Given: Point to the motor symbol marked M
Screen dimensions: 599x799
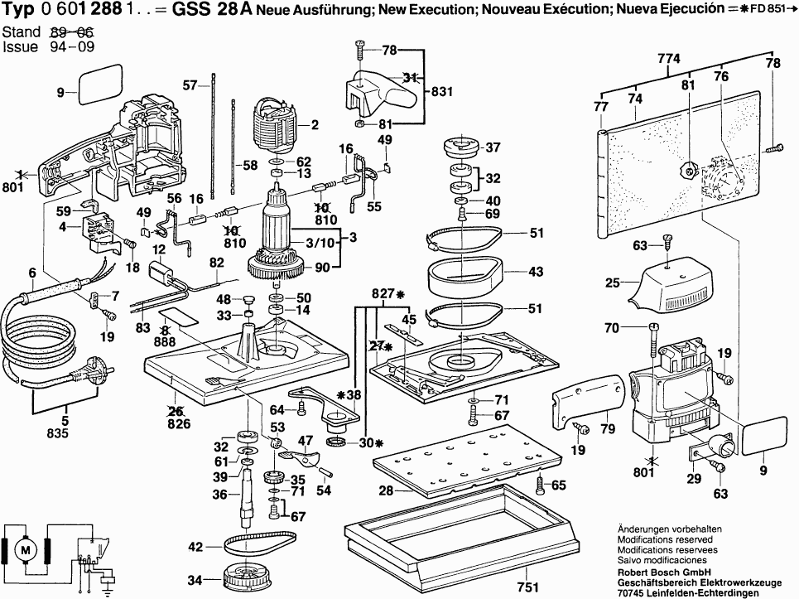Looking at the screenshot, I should click(x=26, y=548).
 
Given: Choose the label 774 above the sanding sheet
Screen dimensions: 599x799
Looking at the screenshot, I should click(x=668, y=59).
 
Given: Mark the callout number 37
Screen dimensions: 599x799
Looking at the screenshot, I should click(x=493, y=148).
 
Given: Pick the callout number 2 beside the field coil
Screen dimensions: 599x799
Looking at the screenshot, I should click(x=315, y=126).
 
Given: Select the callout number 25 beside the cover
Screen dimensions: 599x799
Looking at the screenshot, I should click(x=612, y=283).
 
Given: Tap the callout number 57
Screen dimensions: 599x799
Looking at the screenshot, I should click(x=190, y=85).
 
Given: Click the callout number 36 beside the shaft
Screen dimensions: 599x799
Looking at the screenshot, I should click(x=220, y=494).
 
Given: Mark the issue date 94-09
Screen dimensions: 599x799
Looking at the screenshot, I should click(x=71, y=46).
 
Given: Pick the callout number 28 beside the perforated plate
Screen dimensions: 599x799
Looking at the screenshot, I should click(x=385, y=491).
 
